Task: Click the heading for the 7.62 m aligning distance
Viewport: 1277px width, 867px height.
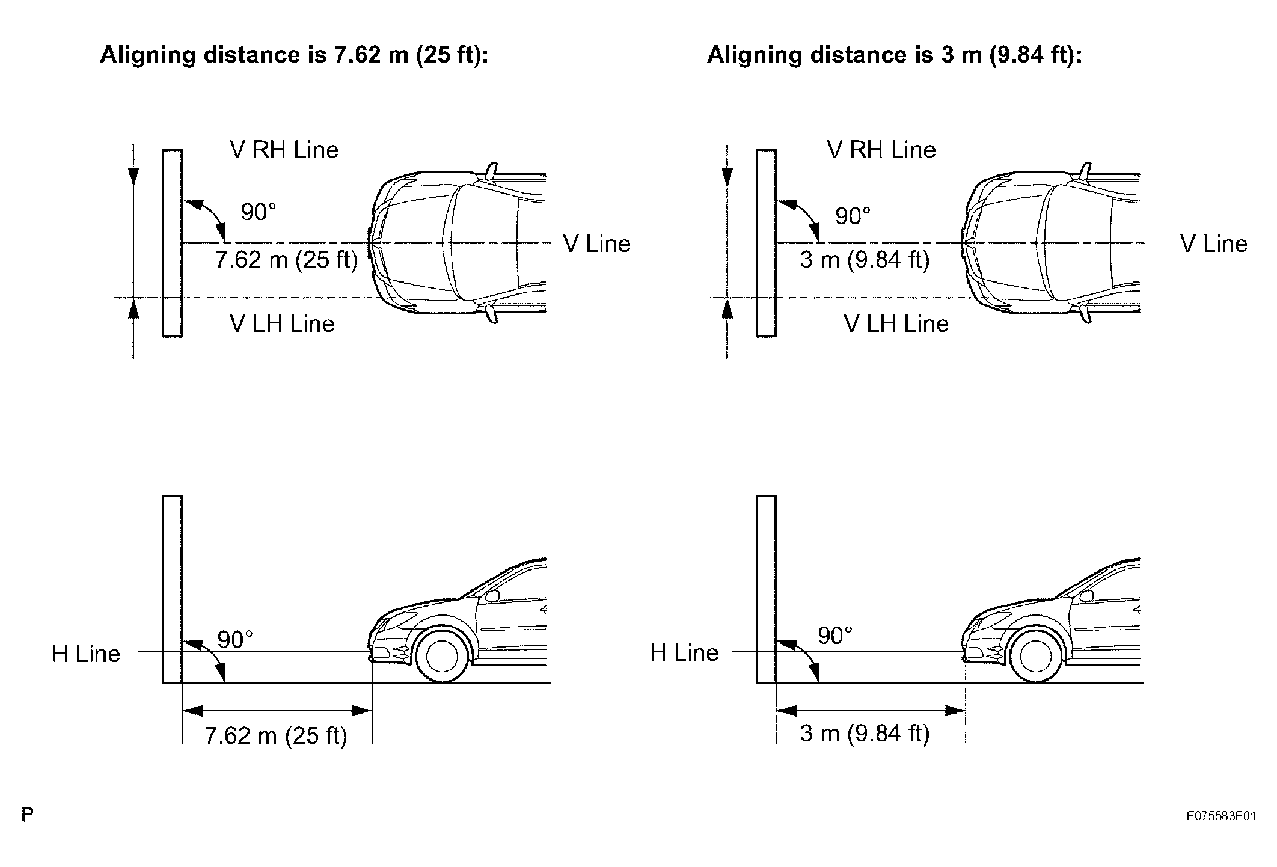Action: click(294, 55)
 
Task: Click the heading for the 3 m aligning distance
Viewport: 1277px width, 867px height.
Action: click(895, 55)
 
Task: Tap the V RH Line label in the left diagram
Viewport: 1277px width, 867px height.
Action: click(284, 150)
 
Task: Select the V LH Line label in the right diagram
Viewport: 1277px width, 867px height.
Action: click(896, 324)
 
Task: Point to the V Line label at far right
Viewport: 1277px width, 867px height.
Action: click(1214, 244)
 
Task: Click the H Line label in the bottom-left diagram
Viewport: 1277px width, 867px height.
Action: click(86, 654)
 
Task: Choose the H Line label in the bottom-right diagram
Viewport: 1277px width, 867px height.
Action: click(685, 652)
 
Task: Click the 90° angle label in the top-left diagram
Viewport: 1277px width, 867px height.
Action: click(259, 212)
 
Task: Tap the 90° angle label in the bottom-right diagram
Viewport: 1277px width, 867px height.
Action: click(835, 636)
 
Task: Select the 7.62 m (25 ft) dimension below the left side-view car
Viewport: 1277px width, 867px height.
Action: click(276, 735)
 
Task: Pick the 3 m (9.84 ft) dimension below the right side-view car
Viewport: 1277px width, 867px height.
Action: click(865, 734)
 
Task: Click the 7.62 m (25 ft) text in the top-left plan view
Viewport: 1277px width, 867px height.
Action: click(286, 260)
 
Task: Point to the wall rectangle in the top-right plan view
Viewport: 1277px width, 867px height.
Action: click(767, 242)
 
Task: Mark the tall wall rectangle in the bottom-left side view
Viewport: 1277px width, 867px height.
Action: click(173, 589)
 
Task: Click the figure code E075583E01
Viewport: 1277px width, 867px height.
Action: click(1221, 816)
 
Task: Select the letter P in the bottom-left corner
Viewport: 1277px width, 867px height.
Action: click(27, 815)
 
